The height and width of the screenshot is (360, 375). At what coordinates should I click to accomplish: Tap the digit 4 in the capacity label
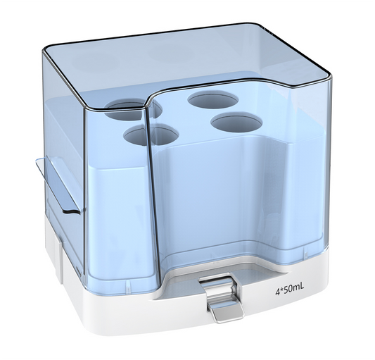tap(279, 288)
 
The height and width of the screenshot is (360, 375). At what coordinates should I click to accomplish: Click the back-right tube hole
tap(213, 99)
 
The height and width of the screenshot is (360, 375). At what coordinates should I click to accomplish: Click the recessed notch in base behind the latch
tap(211, 275)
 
